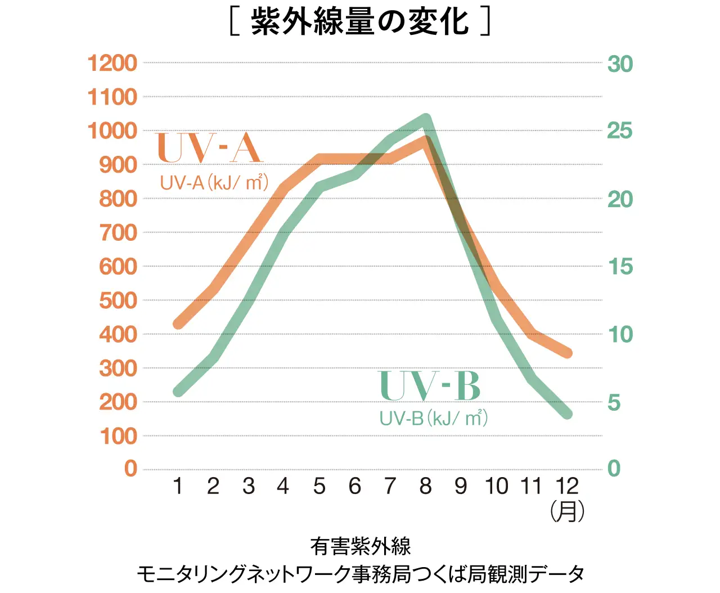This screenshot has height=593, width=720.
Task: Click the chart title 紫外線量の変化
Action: (360, 23)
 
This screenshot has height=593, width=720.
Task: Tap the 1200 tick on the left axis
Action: (112, 63)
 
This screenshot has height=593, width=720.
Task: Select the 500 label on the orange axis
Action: (118, 300)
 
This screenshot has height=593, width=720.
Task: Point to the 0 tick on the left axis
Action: (130, 468)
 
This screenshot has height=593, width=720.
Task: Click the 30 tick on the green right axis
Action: (620, 64)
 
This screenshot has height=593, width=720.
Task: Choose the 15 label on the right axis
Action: (620, 267)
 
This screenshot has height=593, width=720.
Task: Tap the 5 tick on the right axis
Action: (614, 402)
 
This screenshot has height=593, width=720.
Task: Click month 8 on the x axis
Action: (425, 486)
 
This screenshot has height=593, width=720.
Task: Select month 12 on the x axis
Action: (566, 486)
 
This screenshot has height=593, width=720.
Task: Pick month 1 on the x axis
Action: (178, 486)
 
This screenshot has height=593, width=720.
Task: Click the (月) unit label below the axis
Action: (567, 511)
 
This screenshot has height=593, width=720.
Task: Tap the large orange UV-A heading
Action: (209, 148)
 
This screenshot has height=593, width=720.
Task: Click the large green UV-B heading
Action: (430, 386)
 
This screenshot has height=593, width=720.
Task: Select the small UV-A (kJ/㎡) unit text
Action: (214, 183)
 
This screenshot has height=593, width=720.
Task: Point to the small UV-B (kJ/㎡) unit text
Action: (433, 418)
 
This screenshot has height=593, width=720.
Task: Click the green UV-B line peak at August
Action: (426, 119)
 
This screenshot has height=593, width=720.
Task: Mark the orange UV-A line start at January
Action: (178, 324)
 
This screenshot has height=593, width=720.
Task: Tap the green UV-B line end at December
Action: (566, 414)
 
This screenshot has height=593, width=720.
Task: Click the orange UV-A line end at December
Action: (566, 353)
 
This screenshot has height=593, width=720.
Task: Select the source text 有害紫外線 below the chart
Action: (360, 546)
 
